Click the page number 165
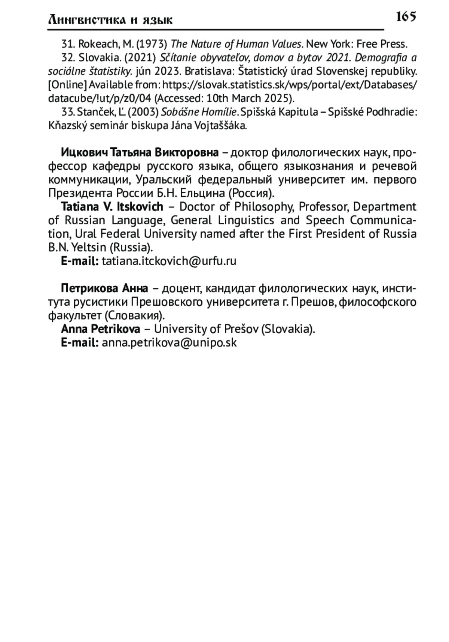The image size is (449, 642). [406, 16]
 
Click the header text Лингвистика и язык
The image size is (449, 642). [110, 19]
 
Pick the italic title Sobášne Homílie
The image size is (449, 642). [199, 112]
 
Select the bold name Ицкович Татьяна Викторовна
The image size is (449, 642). [140, 153]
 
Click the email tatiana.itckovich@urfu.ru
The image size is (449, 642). [169, 261]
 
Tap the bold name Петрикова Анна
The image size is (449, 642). [104, 288]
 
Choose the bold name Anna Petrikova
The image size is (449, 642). [101, 329]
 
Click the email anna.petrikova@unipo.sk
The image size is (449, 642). [169, 342]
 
